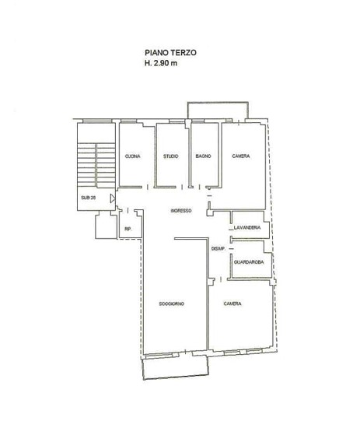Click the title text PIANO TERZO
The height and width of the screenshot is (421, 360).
[170, 53]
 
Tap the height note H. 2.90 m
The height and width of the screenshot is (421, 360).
[161, 63]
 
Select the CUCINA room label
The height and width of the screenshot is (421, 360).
[133, 156]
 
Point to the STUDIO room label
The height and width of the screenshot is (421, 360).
[171, 156]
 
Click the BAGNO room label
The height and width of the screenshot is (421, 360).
[204, 156]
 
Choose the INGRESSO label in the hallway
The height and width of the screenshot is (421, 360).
[181, 211]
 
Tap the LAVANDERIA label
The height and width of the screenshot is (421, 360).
[247, 228]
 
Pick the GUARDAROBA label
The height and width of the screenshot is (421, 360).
[249, 262]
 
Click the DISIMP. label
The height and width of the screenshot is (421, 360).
[218, 249]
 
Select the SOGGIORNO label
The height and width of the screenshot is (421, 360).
[172, 304]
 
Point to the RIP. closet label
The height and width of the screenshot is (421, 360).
[128, 229]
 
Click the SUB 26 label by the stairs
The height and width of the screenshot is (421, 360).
[89, 198]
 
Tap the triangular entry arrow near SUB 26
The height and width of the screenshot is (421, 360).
[113, 198]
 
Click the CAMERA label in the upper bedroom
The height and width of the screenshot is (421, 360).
[241, 156]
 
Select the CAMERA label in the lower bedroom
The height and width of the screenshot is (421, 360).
[232, 303]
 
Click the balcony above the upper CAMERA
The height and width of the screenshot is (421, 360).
[218, 110]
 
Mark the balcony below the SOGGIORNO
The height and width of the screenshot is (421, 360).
[176, 368]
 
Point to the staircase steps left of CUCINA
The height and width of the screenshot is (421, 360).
[96, 165]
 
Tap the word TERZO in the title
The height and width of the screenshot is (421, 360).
[184, 53]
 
